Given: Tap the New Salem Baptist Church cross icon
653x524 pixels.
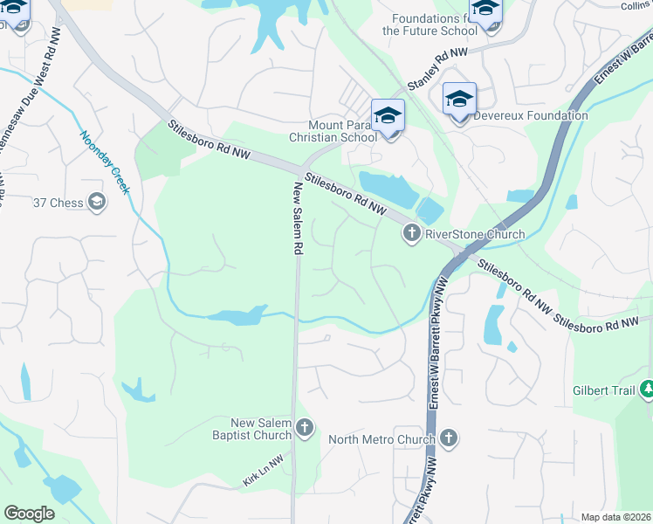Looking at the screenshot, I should tap(304, 427).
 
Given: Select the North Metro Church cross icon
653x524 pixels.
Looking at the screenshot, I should tap(449, 438).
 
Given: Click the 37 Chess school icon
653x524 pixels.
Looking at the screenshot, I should tap(97, 203).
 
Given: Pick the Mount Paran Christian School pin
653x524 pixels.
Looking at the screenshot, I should tap(388, 117).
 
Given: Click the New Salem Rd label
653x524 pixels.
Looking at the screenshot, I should tap(298, 218).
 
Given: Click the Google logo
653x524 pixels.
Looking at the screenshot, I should tap(29, 514).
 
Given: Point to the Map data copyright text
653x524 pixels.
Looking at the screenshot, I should tap(616, 517).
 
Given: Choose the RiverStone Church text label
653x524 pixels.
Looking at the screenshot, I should tap(475, 234).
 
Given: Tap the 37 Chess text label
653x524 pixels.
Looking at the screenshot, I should tap(58, 203).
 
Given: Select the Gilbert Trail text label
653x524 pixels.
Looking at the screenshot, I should tap(604, 390).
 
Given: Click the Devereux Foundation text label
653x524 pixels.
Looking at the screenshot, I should tap(532, 115).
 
